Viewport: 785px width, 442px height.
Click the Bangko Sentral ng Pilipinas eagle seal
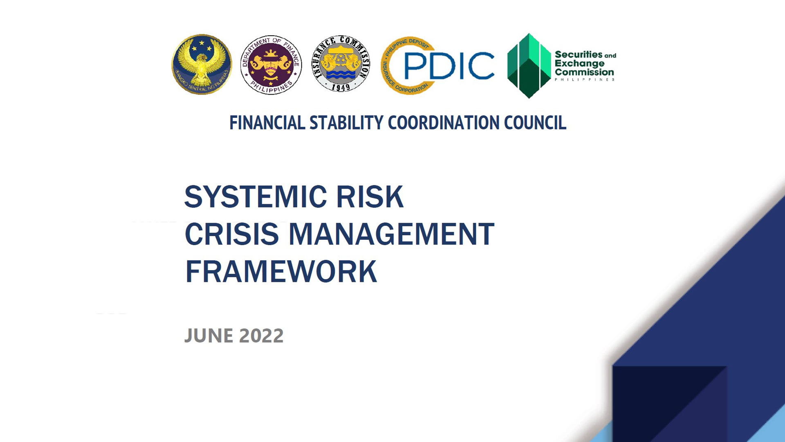tap(202, 64)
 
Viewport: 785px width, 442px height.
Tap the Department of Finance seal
tap(271, 65)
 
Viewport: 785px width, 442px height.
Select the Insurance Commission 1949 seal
tap(341, 63)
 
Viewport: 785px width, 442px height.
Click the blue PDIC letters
tap(449, 65)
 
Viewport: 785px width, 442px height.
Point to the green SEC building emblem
tap(529, 65)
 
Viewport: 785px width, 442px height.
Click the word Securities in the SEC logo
tap(579, 54)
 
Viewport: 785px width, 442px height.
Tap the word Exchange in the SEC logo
tap(579, 63)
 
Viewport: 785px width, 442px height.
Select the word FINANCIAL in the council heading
tap(267, 123)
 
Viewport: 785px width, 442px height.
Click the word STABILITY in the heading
tap(346, 123)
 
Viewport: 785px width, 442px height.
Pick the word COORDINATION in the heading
tap(444, 123)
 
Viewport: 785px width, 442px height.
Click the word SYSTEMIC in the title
tap(256, 197)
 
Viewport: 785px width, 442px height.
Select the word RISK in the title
tap(370, 197)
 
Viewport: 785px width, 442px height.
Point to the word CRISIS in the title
tap(232, 234)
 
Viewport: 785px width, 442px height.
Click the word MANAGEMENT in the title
tap(392, 234)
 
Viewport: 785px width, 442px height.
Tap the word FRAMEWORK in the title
tap(281, 271)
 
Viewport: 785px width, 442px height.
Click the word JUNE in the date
tap(209, 336)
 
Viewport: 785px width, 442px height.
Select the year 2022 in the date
tap(261, 336)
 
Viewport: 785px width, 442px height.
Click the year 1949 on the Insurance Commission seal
tap(341, 87)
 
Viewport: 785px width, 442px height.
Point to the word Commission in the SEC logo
tap(584, 72)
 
